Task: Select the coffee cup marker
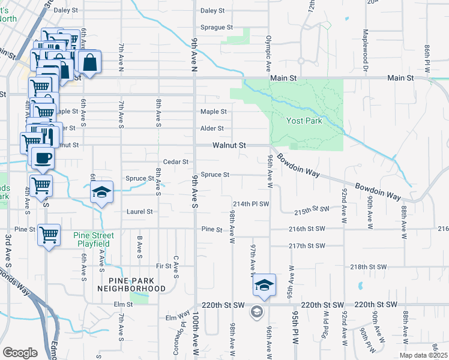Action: tap(42, 159)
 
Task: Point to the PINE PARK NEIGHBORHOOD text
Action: tap(131, 284)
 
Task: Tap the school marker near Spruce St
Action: tap(102, 193)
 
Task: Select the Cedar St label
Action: tap(176, 162)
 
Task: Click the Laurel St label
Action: tap(140, 212)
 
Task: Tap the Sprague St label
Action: tap(216, 28)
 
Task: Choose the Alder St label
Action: tap(212, 128)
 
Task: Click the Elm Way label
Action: tap(178, 314)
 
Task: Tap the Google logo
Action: tap(20, 353)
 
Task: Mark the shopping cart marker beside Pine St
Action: tap(49, 235)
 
